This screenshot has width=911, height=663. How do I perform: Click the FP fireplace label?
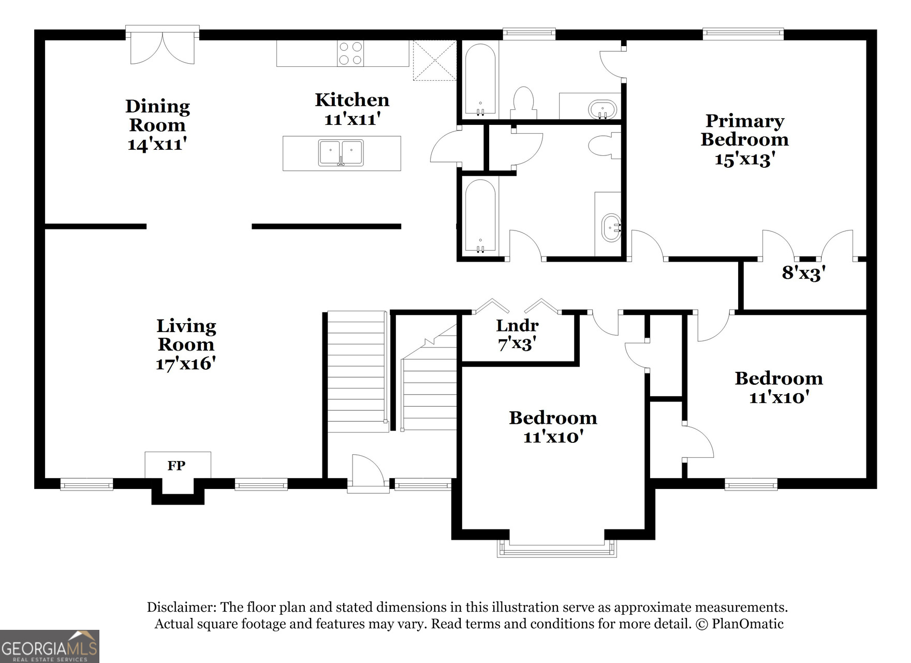point(177,466)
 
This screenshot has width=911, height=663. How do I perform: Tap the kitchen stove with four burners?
point(350,53)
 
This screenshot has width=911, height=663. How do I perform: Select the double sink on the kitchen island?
point(341,153)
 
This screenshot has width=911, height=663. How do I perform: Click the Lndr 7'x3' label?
point(517,334)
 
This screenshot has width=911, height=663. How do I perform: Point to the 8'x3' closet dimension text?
point(803,273)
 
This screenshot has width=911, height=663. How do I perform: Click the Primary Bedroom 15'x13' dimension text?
point(744,159)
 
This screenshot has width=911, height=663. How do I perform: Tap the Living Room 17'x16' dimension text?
point(185,364)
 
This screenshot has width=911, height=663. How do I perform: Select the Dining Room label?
point(157,116)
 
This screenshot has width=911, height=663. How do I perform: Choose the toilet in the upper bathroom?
point(523,103)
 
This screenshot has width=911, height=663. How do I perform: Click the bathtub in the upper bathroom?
point(480,79)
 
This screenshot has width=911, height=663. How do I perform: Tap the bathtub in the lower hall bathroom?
point(480,216)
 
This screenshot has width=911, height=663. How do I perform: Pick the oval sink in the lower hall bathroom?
point(611,228)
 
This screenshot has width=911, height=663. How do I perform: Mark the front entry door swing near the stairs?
point(368,471)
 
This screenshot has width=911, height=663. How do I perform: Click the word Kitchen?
point(352,100)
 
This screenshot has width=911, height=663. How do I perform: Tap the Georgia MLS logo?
point(49,646)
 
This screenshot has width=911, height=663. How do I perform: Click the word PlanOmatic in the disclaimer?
point(747,624)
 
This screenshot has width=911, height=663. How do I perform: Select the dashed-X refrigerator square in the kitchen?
point(434,61)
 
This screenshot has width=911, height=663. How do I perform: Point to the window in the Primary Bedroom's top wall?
point(743,34)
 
